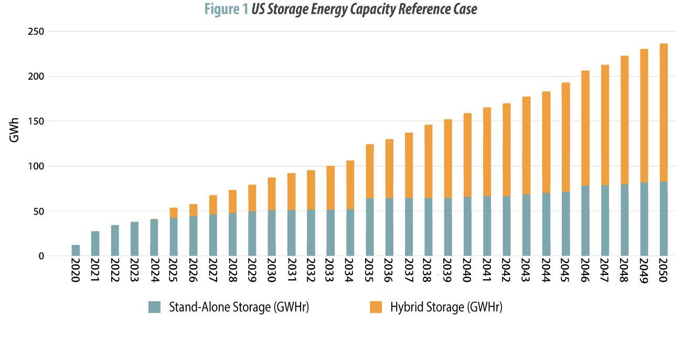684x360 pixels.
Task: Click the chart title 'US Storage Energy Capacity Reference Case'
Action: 364,9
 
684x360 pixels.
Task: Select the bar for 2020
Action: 76,250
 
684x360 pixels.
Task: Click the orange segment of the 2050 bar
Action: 663,113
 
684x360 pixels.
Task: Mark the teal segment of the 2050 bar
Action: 663,219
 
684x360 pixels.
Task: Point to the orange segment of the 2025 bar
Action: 174,213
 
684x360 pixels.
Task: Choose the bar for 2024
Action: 154,238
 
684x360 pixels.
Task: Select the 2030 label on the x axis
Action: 272,271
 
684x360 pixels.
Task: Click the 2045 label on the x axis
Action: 565,271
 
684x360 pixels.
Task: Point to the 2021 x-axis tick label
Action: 95,271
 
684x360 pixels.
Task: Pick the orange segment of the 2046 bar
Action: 585,128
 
